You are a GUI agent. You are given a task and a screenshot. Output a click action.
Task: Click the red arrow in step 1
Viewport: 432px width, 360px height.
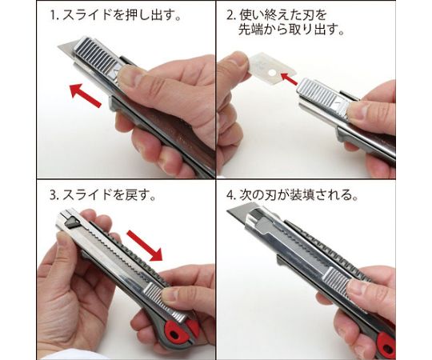[86, 95]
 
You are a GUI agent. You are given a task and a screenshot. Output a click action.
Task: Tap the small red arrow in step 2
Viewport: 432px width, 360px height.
[289, 78]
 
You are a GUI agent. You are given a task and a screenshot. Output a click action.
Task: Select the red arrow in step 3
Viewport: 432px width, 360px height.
[145, 246]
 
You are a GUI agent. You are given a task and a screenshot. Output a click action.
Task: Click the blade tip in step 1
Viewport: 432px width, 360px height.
[58, 46]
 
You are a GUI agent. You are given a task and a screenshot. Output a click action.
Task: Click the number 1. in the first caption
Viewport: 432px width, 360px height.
[54, 15]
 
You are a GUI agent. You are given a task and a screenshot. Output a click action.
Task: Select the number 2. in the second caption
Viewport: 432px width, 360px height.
[231, 15]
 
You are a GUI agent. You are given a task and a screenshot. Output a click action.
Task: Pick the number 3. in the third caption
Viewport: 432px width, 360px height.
[54, 195]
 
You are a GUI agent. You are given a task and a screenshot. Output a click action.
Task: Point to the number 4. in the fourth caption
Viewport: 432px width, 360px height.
[231, 195]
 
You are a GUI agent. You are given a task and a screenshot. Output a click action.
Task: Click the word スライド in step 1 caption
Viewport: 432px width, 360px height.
[87, 15]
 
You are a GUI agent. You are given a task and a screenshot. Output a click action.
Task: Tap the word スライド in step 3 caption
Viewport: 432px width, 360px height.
[87, 195]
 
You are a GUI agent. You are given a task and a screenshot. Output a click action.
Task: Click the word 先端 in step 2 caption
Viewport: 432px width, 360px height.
[250, 29]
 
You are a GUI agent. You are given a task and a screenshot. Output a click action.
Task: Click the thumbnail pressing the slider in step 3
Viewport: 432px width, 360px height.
[170, 294]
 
